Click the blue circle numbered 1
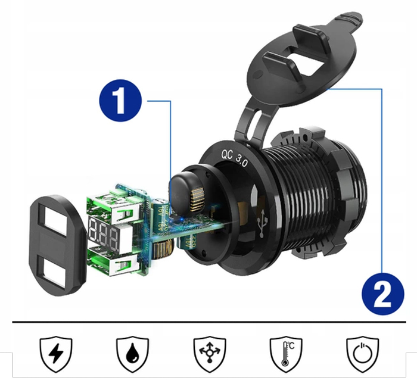click(121, 102)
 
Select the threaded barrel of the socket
click(304, 191)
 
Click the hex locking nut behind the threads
click(346, 196)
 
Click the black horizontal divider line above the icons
click(208, 322)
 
